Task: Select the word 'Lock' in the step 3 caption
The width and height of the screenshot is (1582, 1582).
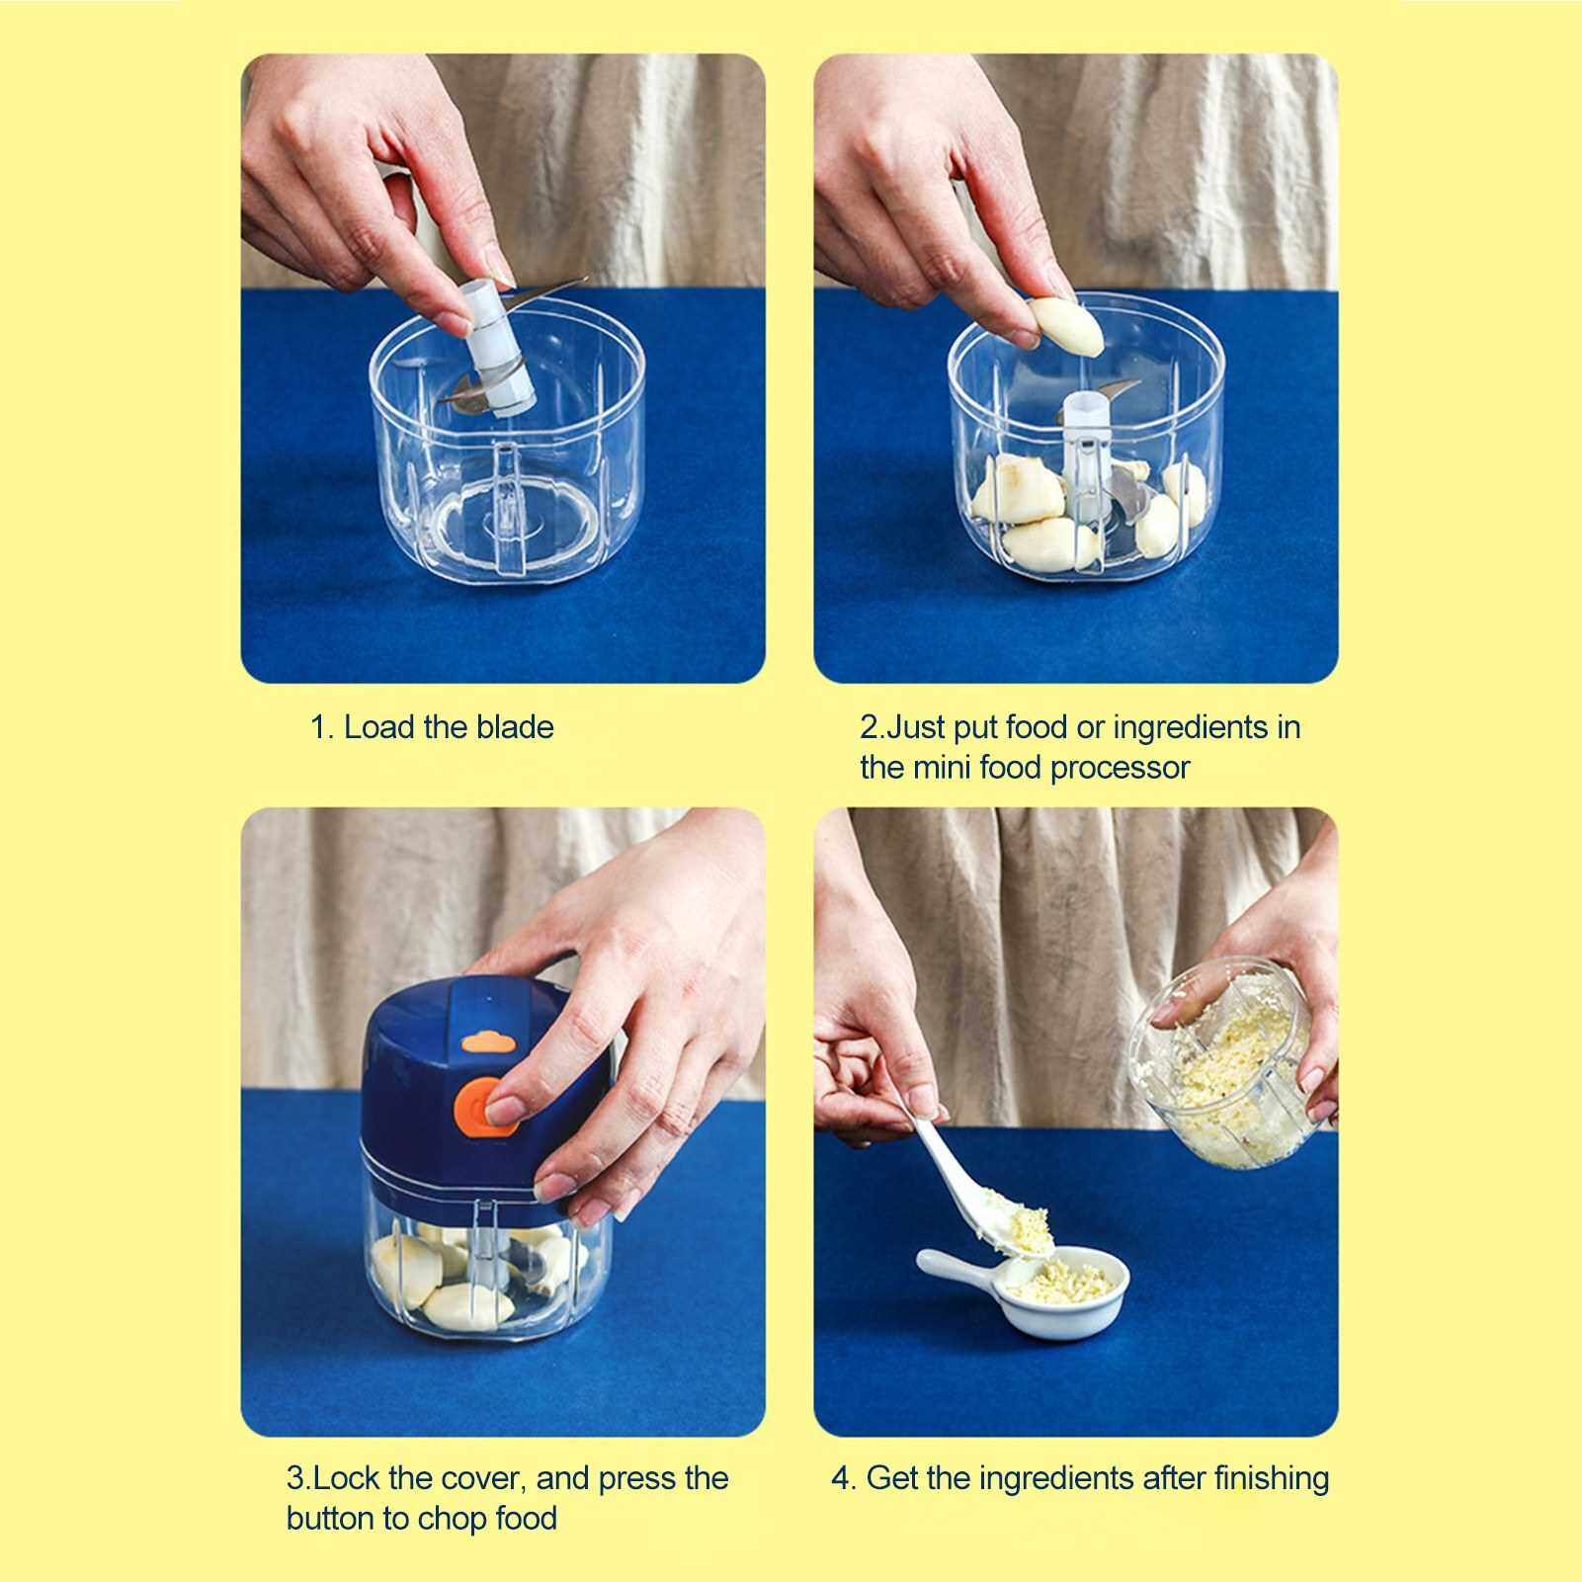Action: tap(347, 1478)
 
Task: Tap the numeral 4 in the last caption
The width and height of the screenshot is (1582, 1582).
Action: tap(840, 1479)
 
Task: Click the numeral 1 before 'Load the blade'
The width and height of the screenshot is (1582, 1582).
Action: tap(318, 728)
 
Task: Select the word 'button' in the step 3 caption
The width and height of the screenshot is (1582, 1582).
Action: tap(331, 1518)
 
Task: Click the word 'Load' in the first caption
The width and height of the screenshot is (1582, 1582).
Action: tap(379, 727)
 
